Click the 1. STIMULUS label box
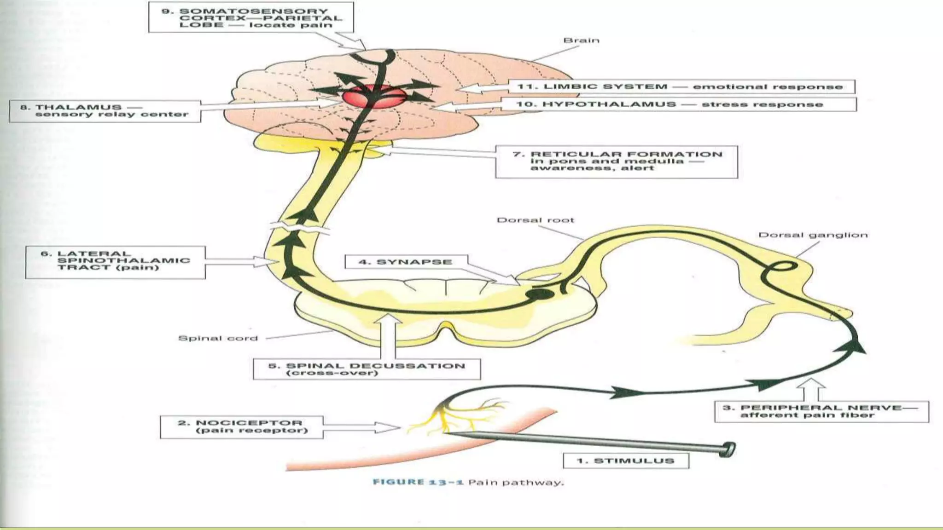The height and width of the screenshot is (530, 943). pos(626,461)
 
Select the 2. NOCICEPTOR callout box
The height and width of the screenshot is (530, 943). pos(241,427)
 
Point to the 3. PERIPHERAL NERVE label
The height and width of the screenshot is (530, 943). pos(821,411)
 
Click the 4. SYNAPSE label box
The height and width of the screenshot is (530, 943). pos(406,262)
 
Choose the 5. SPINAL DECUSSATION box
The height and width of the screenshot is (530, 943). pos(367,369)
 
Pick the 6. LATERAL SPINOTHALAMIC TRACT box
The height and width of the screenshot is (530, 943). pos(115,262)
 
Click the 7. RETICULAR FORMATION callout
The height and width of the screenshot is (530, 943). pos(617,161)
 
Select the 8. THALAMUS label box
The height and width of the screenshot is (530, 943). pos(105,111)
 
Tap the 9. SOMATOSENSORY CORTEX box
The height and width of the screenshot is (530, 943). pos(251,17)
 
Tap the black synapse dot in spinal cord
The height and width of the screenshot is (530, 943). pos(540,294)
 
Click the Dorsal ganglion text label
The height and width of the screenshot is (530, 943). pos(813,235)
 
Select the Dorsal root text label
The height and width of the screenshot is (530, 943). pos(535,220)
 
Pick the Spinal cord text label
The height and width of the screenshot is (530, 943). pos(218,338)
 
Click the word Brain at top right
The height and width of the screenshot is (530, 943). pos(581,40)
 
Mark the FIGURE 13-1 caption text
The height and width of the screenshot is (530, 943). pos(468,482)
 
